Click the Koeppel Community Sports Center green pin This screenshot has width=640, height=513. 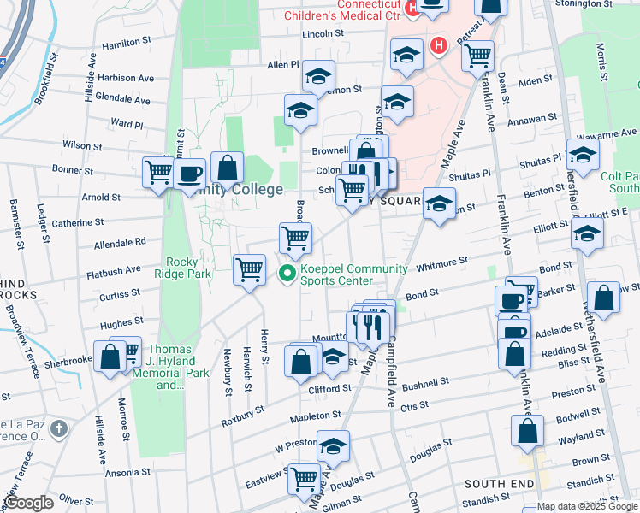pos(288,274)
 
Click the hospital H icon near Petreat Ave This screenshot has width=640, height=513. pos(439,45)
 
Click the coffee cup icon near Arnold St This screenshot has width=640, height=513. pos(190,174)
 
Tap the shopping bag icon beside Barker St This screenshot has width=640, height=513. pos(603,298)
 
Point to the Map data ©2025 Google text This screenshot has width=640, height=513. pos(587,506)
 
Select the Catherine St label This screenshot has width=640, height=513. pos(77,222)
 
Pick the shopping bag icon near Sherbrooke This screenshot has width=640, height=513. pos(110,357)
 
